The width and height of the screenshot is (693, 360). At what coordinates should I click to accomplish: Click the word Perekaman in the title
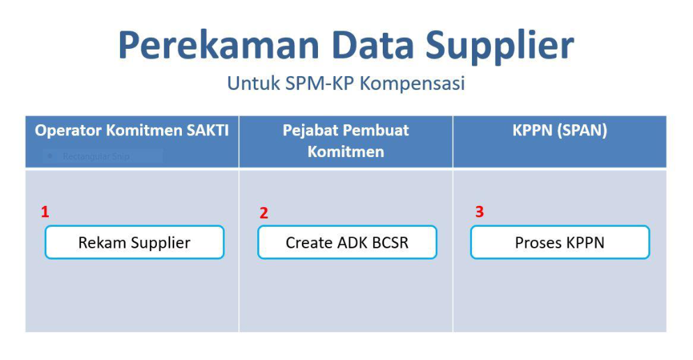tap(219, 45)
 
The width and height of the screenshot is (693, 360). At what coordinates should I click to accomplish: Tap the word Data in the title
tap(373, 45)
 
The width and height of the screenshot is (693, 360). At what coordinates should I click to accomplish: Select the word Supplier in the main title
tap(500, 47)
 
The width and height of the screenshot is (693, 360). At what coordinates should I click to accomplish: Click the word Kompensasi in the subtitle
tap(412, 84)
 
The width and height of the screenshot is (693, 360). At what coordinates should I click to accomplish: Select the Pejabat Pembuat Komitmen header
tap(346, 141)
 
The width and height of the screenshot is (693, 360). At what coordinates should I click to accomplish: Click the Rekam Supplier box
tap(135, 242)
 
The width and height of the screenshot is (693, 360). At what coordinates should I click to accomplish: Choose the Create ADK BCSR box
tap(347, 242)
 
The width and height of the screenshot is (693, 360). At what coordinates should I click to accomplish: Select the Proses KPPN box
tap(560, 242)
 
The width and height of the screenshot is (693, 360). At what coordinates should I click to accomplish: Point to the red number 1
tap(45, 212)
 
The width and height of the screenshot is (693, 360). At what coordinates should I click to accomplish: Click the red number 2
tap(264, 213)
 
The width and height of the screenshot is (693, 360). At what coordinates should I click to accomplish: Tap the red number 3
tap(480, 211)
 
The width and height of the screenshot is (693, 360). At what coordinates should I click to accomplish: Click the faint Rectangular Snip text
tap(96, 156)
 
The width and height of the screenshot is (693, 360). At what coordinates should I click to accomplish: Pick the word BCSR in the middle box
tap(390, 243)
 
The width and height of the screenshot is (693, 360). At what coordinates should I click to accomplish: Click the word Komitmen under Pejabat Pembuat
tap(346, 151)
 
